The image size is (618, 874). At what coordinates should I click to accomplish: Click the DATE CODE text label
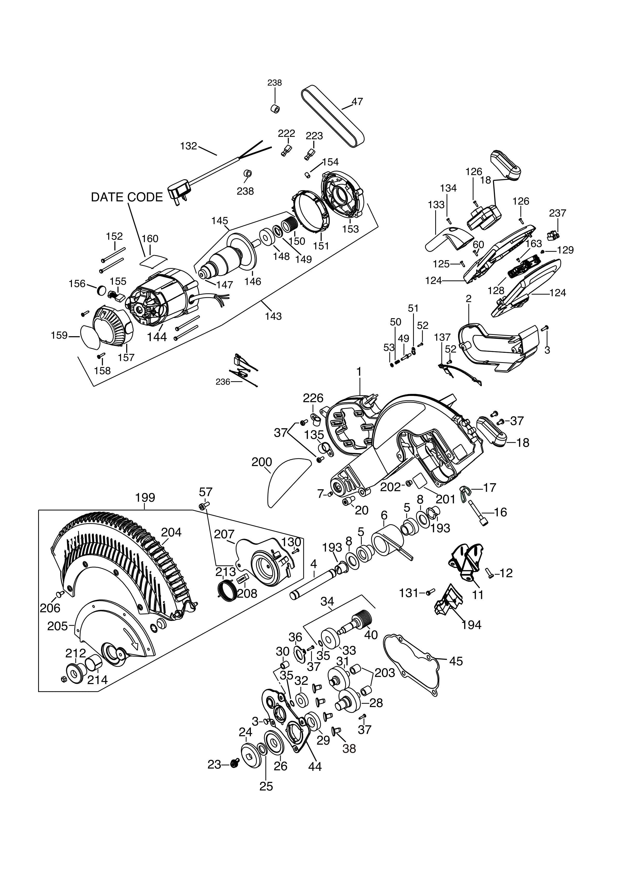[127, 197]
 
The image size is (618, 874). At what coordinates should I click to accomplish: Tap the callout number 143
[273, 316]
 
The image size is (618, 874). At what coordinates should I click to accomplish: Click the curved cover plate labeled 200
[287, 481]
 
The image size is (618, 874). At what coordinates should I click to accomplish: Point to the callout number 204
[171, 532]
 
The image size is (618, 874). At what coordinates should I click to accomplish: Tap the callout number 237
[557, 213]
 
